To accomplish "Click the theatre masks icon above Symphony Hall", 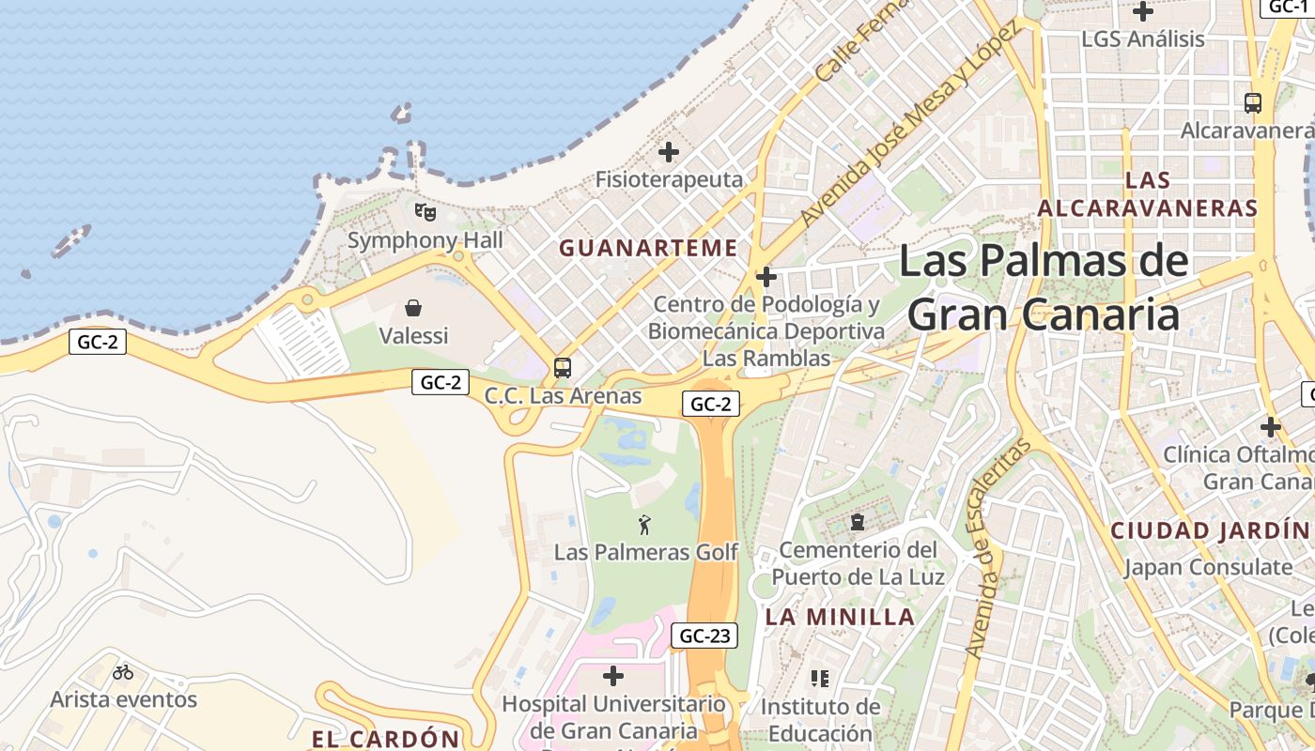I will (x=425, y=212).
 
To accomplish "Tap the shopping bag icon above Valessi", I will (x=413, y=308).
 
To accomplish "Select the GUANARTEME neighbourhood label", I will (x=648, y=248).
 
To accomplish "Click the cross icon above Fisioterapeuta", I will (x=669, y=151).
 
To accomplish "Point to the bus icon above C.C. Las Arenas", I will (x=563, y=368).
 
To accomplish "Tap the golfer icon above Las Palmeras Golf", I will (x=644, y=525).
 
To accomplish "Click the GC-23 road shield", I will (x=704, y=636).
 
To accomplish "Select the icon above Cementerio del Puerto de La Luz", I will (x=857, y=521).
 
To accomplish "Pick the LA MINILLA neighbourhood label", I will (x=840, y=617).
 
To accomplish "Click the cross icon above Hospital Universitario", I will (x=613, y=675).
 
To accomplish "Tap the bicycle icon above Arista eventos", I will (x=123, y=672).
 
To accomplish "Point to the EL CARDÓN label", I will (x=386, y=739).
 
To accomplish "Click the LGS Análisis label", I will (x=1142, y=39).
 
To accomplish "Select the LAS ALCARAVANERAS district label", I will (x=1147, y=194).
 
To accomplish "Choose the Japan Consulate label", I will (x=1209, y=567).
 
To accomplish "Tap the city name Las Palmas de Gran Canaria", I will (x=1044, y=287).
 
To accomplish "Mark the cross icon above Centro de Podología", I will (x=766, y=277).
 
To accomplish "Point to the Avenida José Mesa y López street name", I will (x=908, y=124).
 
